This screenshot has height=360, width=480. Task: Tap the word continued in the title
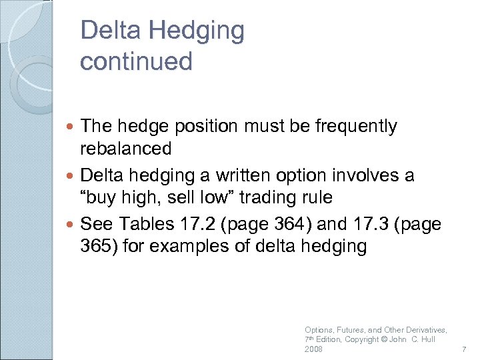click(x=135, y=61)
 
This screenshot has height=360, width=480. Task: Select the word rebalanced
click(x=125, y=148)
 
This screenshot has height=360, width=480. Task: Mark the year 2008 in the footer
click(x=313, y=349)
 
